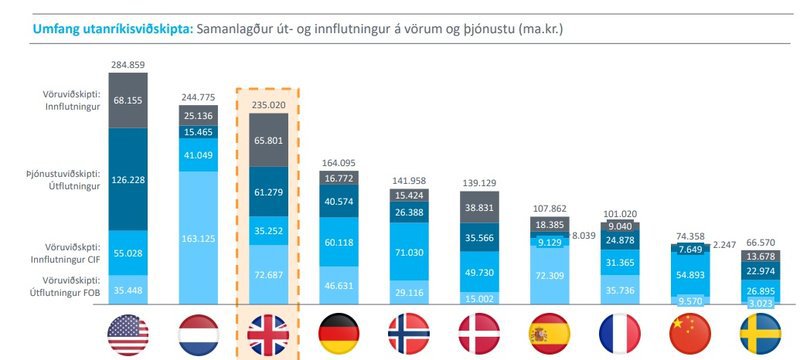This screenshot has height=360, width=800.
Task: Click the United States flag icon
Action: pyautogui.click(x=127, y=333)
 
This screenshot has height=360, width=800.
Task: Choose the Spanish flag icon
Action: pyautogui.click(x=551, y=333)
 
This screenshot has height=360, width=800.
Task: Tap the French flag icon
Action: pyautogui.click(x=620, y=333)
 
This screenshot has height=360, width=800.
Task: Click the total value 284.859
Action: pyautogui.click(x=127, y=64)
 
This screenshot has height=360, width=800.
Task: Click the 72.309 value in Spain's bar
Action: pyautogui.click(x=551, y=273)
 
